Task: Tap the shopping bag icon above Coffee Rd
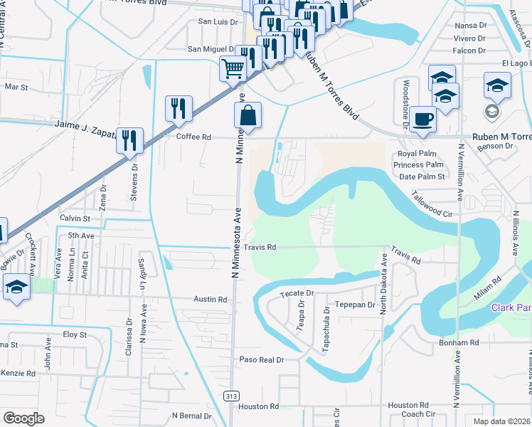point(248,116)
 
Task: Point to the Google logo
point(23,418)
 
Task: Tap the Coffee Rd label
point(194,137)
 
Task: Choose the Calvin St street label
point(75,218)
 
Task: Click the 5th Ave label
point(81,236)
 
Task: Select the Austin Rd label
point(211,300)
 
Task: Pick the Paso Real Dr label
point(261,360)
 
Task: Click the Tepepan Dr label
point(355,305)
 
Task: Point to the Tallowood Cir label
point(432,203)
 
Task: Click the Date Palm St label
point(422,176)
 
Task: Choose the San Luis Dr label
point(218,23)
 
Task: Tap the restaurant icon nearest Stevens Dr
point(129,140)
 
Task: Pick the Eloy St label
point(75,334)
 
